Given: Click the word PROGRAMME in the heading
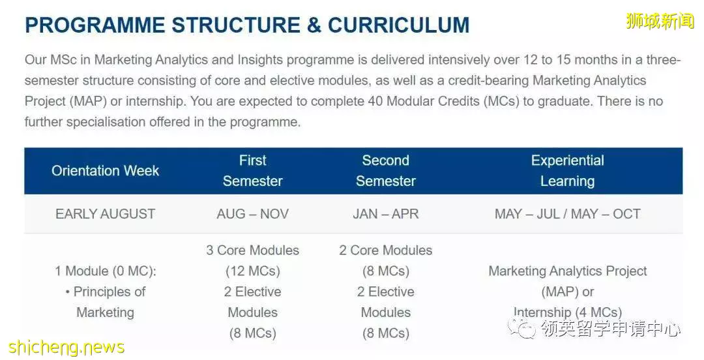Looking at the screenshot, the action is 95,25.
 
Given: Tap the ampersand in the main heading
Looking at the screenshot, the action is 314,25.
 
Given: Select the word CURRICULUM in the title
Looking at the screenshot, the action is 399,25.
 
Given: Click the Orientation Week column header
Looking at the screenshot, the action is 106,171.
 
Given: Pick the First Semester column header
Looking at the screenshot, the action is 253,171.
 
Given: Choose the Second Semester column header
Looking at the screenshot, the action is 386,171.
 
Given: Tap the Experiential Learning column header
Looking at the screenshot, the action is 568,171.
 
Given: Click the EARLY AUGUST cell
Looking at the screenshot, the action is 106,214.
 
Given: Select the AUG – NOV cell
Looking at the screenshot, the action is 253,214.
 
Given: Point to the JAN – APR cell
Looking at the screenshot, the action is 386,214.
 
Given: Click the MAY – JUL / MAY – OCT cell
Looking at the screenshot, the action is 568,214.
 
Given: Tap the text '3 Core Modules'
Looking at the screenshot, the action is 253,250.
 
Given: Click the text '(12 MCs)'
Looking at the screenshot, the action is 253,271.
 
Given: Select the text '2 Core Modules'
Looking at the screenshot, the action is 386,250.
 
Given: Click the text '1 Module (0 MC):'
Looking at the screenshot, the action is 106,271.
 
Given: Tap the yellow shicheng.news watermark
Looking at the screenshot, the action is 66,348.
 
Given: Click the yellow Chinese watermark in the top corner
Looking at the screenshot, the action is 660,21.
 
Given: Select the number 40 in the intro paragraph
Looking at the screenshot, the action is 375,102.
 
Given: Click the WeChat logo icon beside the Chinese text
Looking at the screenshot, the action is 522,329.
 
